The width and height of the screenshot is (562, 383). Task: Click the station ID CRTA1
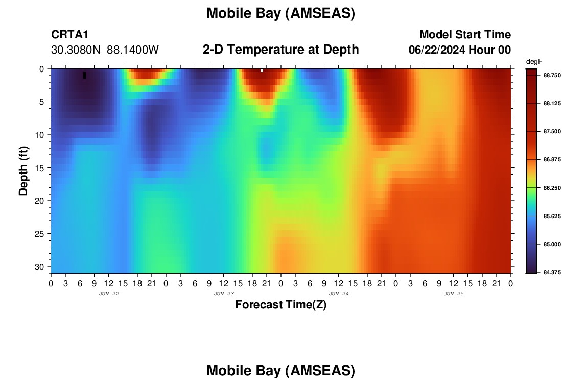pos(69,34)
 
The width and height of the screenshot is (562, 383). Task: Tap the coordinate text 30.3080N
pos(76,50)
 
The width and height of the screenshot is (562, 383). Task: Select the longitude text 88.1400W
pos(133,50)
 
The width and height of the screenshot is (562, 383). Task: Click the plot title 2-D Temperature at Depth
pos(280,50)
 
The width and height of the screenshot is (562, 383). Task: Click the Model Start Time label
pos(465,34)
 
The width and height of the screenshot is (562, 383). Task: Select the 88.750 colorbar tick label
pos(552,75)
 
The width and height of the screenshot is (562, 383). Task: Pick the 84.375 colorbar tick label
pos(552,272)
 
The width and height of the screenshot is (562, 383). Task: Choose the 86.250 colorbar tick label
pos(552,188)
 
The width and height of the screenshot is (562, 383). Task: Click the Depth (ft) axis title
pos(24,171)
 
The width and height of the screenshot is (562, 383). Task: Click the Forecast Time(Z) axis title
pos(280,305)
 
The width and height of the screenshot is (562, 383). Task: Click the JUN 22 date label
pos(109,294)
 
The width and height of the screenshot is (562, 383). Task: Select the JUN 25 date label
pos(454,294)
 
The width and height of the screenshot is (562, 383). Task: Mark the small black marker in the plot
pos(85,75)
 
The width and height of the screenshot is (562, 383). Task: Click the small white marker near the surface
pos(262,70)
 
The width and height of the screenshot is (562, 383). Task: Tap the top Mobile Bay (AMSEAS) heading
pos(280,14)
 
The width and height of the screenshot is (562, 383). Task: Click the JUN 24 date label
pos(339,294)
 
